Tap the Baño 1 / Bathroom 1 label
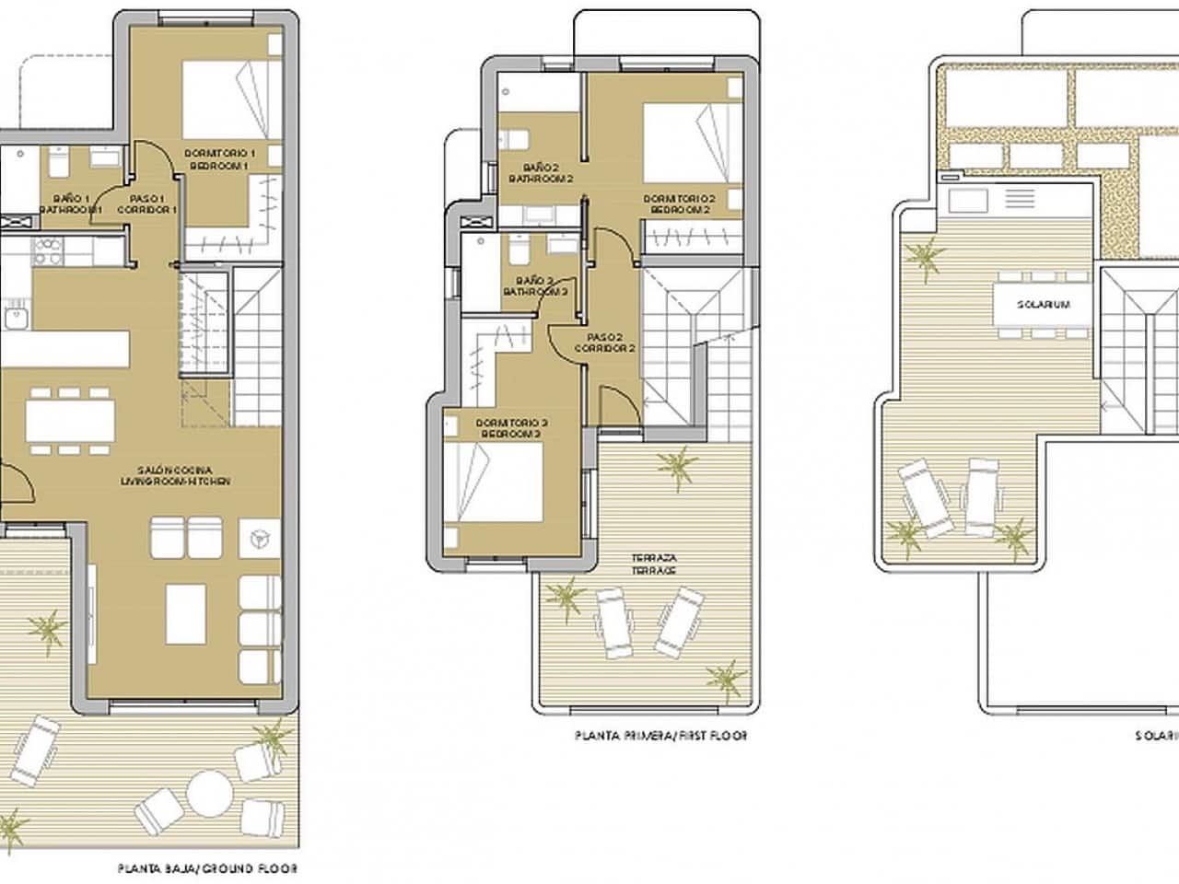[71, 204]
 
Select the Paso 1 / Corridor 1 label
[146, 204]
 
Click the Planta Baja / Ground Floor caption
[207, 867]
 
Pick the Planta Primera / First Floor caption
[660, 736]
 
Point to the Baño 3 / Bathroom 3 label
[534, 285]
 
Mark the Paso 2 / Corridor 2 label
[604, 343]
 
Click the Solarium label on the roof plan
[1043, 305]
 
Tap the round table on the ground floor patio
[211, 792]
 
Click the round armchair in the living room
[258, 536]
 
